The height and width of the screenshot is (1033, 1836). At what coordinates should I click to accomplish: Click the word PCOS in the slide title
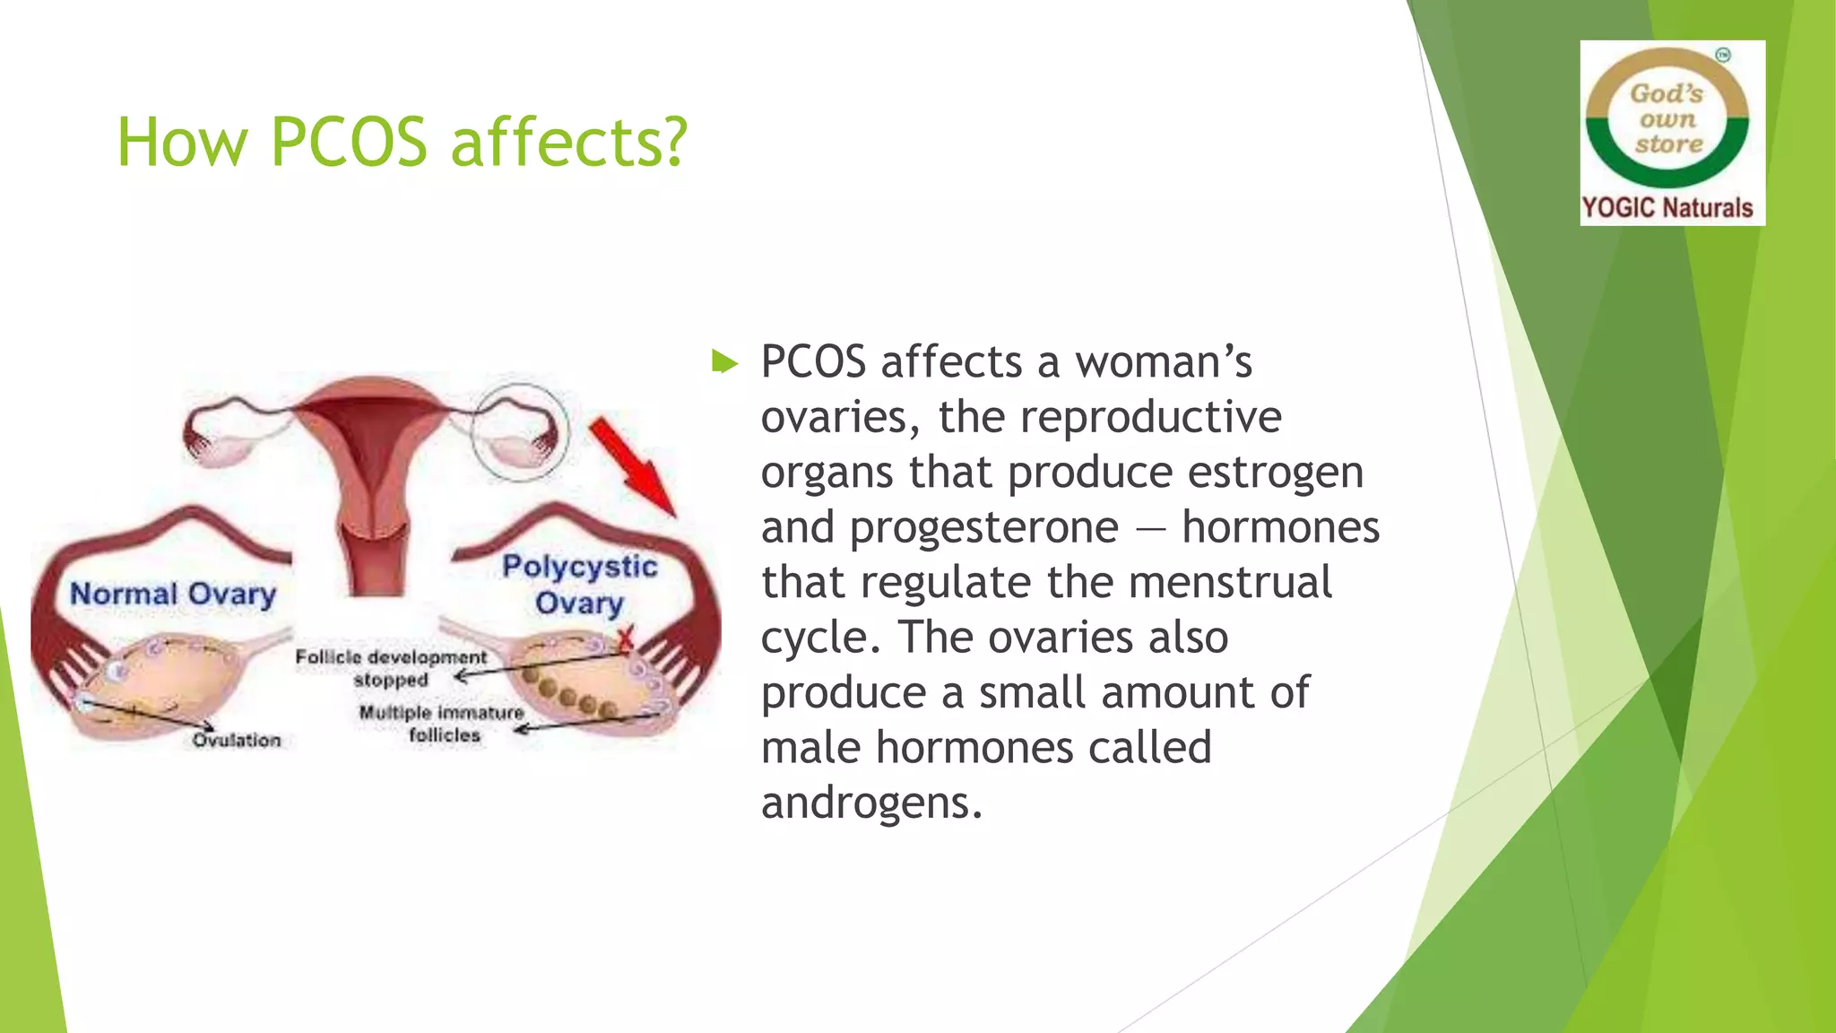click(348, 143)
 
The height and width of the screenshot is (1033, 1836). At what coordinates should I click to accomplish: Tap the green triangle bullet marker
click(723, 363)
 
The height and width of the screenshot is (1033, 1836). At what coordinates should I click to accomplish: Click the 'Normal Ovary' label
click(172, 594)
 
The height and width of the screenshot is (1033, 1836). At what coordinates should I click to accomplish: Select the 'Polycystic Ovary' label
click(579, 584)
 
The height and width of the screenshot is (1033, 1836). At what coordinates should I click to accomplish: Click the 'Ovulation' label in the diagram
click(237, 741)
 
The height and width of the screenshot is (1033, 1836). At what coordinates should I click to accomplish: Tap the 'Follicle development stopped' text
click(391, 668)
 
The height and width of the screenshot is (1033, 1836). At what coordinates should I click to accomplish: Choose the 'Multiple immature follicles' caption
click(442, 724)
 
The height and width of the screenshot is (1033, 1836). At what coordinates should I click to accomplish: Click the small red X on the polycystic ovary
click(625, 638)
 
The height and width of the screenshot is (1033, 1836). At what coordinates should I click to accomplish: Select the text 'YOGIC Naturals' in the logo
click(1667, 208)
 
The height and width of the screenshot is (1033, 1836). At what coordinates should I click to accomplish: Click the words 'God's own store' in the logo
click(1667, 118)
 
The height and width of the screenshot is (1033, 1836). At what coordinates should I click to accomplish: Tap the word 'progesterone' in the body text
click(983, 527)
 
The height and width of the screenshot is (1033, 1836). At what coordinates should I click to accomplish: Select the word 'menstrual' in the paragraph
click(1230, 583)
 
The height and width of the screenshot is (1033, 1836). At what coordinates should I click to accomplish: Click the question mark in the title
click(672, 143)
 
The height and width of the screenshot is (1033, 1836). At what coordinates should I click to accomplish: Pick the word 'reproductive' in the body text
click(1150, 417)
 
